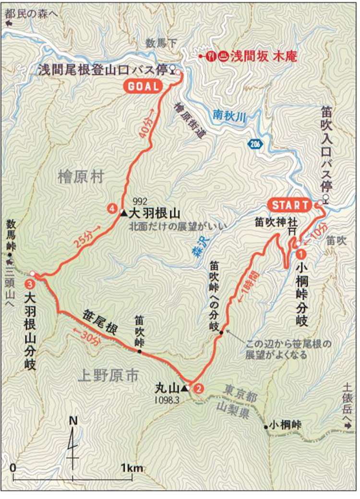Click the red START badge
click(291, 205)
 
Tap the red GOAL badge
click(143, 86)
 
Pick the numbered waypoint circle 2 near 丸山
click(198, 390)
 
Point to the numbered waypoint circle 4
click(111, 209)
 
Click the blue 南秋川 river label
click(230, 115)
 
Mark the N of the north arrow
click(73, 421)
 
